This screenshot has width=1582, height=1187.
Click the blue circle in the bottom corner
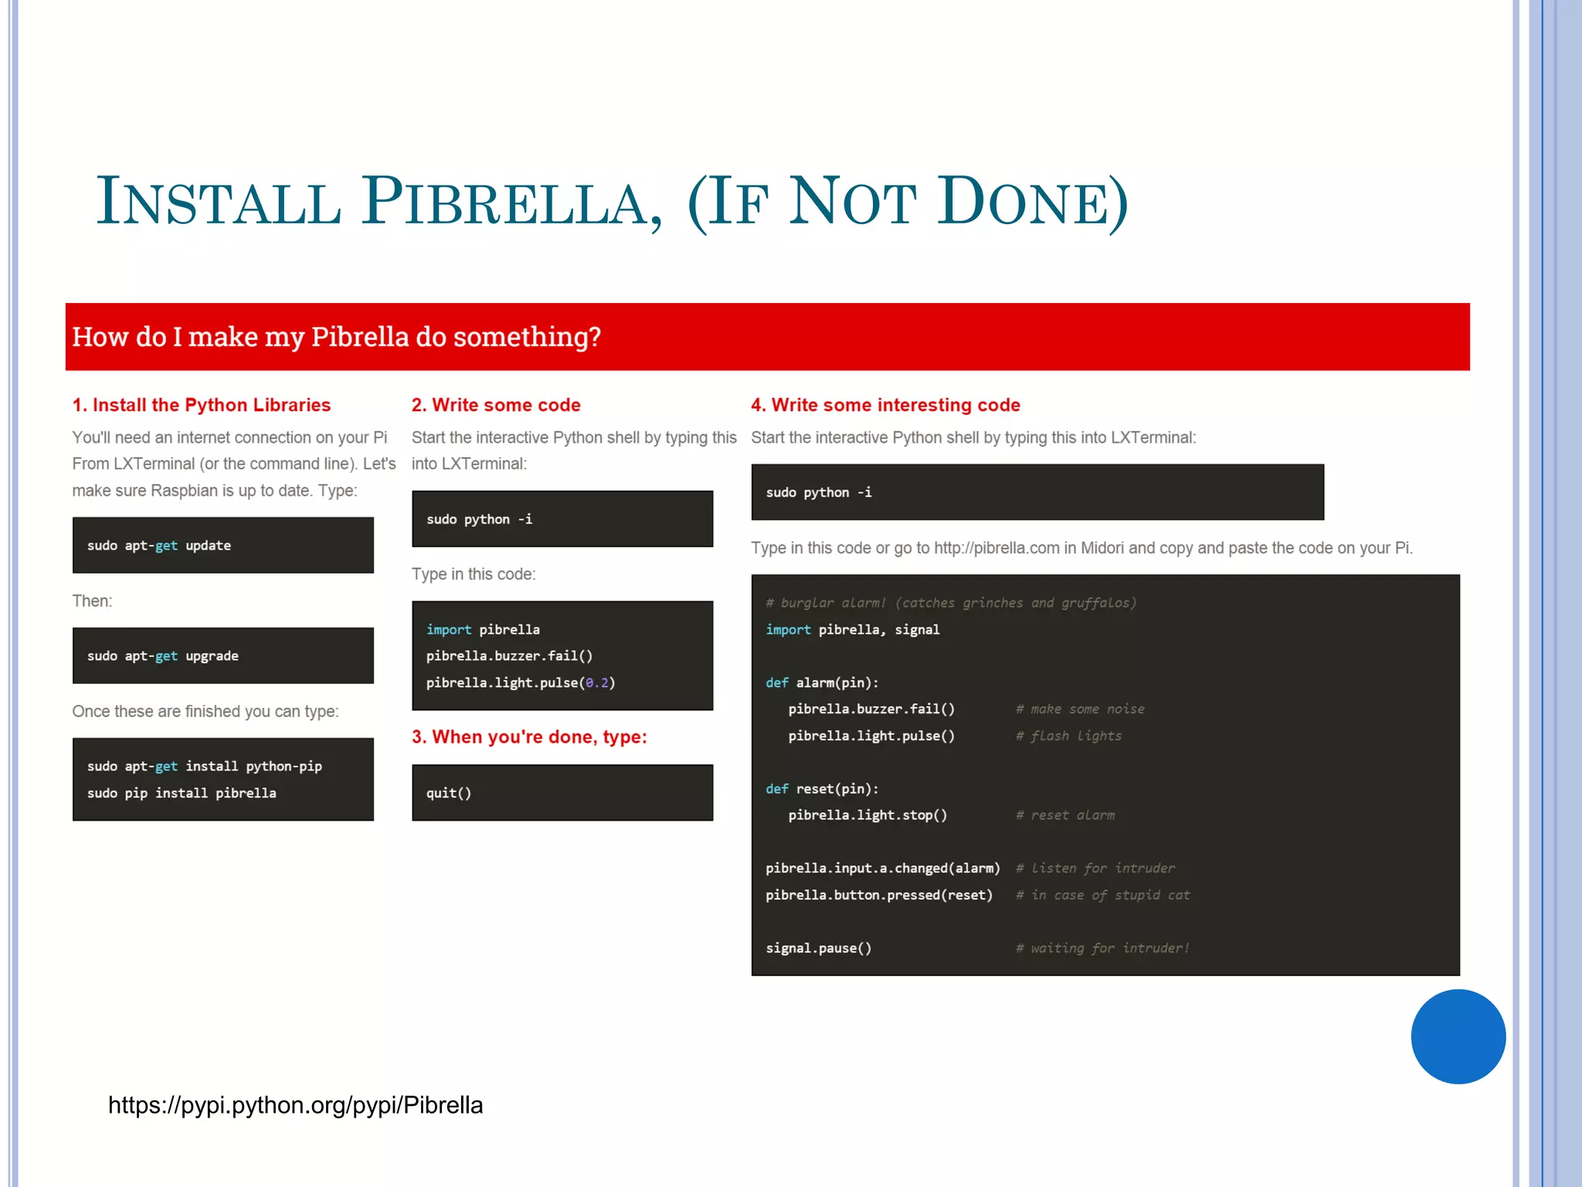click(1458, 1036)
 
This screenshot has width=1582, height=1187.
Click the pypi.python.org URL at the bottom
click(295, 1105)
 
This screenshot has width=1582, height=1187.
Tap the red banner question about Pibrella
click(336, 337)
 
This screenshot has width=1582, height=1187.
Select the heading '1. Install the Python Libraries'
click(201, 405)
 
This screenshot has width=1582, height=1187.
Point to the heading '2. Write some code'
click(495, 405)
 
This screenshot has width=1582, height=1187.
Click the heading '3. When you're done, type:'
click(529, 736)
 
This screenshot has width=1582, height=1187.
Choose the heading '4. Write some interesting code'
click(885, 405)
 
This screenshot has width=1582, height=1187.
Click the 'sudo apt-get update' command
click(159, 546)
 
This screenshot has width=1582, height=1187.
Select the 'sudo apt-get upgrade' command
click(163, 656)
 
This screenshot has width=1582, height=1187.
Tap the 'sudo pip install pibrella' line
click(182, 793)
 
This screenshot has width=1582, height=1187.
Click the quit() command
click(449, 793)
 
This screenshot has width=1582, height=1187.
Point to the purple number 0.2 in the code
click(597, 682)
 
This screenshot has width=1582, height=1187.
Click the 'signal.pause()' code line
click(819, 948)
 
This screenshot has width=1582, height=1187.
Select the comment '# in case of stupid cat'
click(1102, 895)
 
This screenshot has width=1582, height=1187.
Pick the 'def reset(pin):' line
click(822, 789)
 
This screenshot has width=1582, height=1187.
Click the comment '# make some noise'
click(1080, 709)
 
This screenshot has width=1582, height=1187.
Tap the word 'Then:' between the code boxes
click(92, 600)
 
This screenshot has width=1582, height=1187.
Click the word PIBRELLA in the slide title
click(511, 202)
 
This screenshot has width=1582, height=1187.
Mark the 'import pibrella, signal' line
click(853, 630)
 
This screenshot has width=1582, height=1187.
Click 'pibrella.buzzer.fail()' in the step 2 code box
click(509, 656)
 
